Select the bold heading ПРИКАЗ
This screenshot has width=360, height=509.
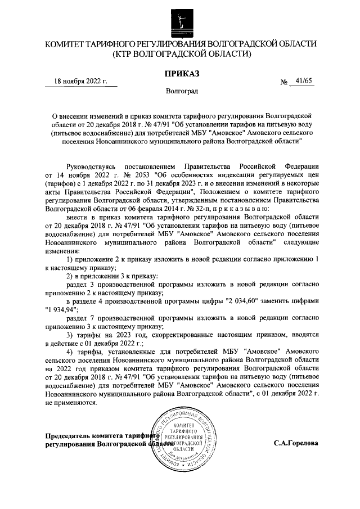181,73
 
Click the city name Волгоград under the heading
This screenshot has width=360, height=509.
182,91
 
